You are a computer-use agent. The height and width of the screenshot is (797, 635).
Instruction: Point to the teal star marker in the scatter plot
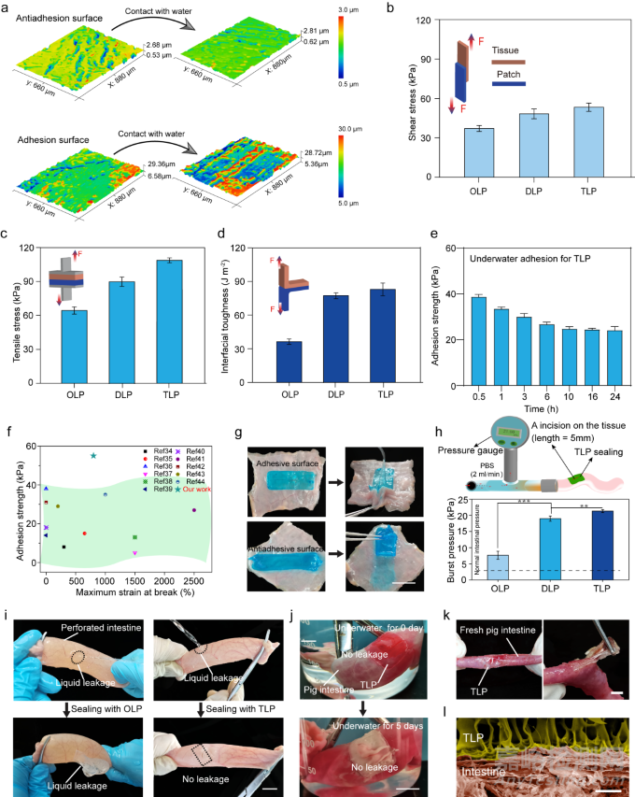[x=93, y=455]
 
